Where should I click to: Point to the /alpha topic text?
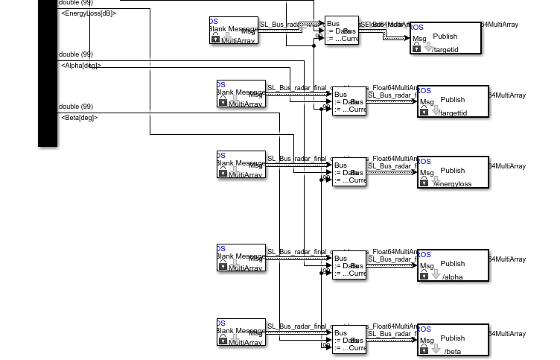tap(453, 277)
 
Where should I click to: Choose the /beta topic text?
tap(452, 351)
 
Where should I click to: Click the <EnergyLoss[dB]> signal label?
tap(89, 13)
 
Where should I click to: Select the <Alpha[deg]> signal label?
tap(81, 66)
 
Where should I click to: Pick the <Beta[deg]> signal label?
tap(80, 118)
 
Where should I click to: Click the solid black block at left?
tap(48, 75)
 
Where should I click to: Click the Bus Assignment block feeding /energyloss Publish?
tap(349, 171)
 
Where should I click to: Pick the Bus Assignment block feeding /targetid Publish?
tap(342, 30)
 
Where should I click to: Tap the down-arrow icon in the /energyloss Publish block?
tap(436, 181)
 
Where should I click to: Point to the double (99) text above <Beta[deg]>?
tap(76, 107)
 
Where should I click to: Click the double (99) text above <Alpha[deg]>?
tap(76, 54)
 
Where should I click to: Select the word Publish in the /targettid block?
tap(453, 99)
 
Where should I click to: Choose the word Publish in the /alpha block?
tap(453, 263)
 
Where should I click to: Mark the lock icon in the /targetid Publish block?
tap(417, 48)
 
